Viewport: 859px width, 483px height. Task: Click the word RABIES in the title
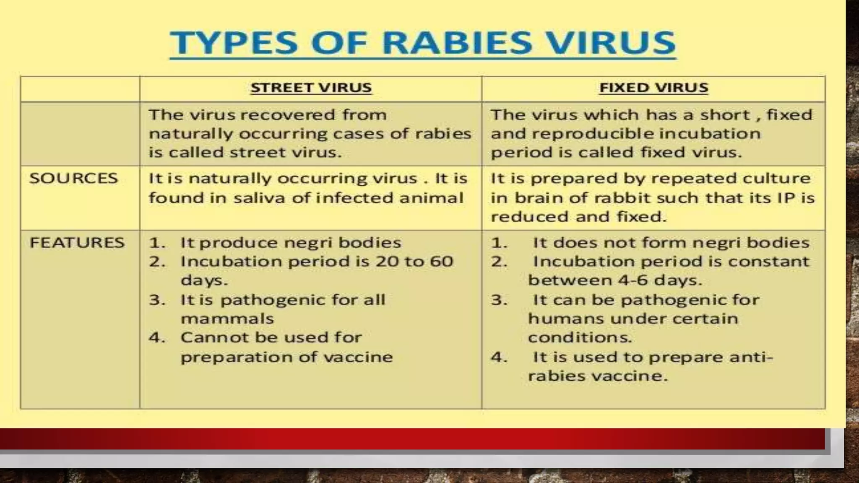(458, 43)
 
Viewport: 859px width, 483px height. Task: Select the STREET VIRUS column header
(311, 88)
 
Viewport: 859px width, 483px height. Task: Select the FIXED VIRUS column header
(653, 88)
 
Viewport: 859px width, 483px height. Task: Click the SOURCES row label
(73, 179)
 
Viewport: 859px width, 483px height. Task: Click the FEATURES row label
(77, 243)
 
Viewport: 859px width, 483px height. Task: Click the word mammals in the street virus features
(227, 319)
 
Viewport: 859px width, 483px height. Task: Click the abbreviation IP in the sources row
(787, 198)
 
